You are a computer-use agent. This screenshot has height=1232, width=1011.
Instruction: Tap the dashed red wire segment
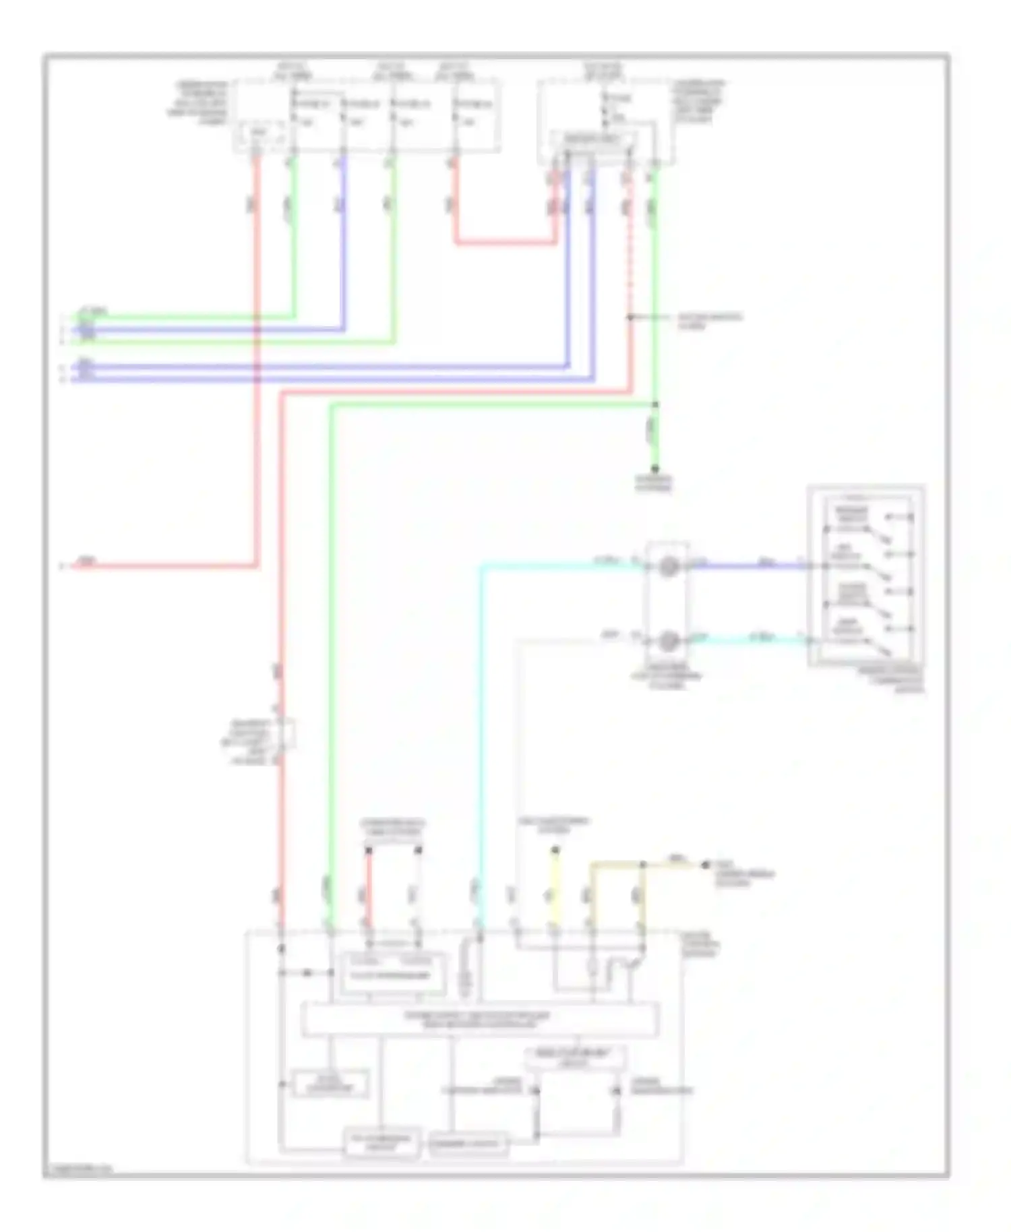tap(630, 270)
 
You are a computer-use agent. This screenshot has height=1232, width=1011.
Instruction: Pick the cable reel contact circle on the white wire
tap(667, 641)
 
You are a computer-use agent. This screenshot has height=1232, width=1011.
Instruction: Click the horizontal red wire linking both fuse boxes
tap(506, 242)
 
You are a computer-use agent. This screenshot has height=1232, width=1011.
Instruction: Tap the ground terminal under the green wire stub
tap(654, 470)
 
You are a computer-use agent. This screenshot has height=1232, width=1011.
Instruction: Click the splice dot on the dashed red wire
tap(630, 317)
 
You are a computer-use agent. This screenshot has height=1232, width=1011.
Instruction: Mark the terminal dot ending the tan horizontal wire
tap(705, 864)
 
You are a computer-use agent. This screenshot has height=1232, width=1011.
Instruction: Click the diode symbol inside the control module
tap(307, 973)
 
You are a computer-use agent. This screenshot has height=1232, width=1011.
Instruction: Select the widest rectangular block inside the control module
tap(480, 1020)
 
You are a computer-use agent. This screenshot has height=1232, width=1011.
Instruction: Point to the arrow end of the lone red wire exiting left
tap(62, 566)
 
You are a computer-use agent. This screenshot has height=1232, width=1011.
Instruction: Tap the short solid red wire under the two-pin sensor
tap(369, 890)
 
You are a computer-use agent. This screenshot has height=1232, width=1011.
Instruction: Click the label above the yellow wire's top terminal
tap(553, 826)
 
